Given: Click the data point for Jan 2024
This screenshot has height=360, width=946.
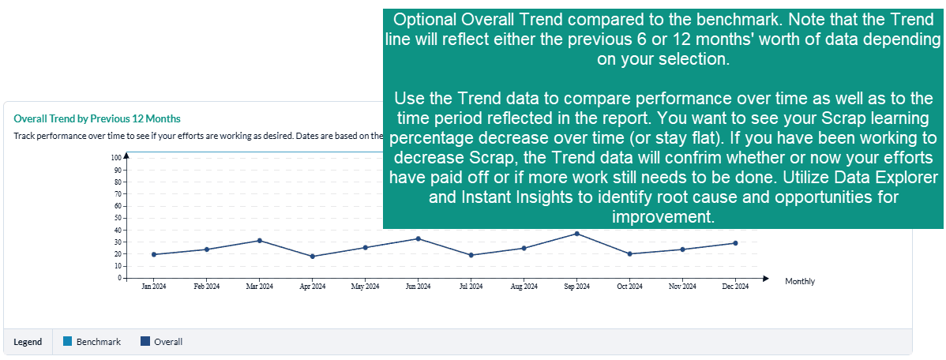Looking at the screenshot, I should tap(154, 254).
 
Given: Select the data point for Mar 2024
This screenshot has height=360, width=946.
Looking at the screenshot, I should tap(260, 241).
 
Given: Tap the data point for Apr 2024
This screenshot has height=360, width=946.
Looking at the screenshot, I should tap(313, 257).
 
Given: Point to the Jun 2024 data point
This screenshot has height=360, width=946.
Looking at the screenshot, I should tap(419, 238).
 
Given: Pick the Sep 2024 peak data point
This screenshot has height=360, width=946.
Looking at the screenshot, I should tap(577, 234).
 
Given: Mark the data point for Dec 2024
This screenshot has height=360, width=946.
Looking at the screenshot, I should tap(736, 243).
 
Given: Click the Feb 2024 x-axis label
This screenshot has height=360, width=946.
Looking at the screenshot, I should tap(207, 287).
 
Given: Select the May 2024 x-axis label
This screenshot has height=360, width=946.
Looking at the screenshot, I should tap(366, 287).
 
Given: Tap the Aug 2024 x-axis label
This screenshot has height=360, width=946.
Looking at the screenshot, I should tap(524, 287).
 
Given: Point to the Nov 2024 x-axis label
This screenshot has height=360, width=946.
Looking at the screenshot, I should tap(683, 287).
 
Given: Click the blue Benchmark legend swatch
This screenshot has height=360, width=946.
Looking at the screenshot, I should tap(68, 342).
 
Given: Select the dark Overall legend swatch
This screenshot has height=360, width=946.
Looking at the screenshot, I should tap(145, 342).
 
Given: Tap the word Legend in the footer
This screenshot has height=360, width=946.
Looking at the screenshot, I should tap(28, 342).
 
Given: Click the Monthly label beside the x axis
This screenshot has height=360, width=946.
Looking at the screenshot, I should tap(800, 281).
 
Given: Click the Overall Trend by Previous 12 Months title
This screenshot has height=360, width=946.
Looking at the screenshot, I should tap(97, 118).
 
